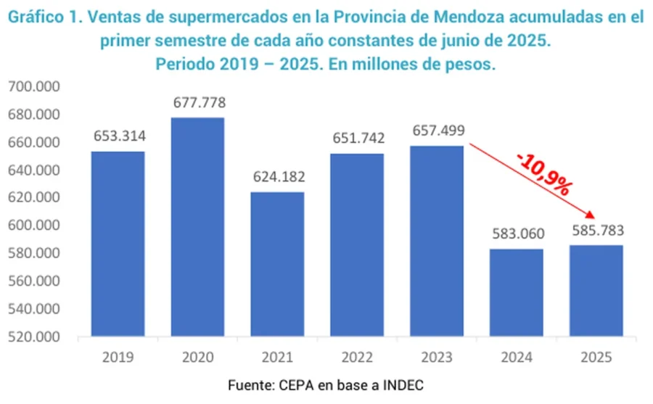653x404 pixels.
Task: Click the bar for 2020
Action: click(x=197, y=227)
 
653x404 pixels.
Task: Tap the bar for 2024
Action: click(x=517, y=293)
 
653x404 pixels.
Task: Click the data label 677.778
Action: click(x=198, y=102)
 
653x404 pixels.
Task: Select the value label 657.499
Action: click(x=438, y=131)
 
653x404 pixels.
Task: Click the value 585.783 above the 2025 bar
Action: click(x=596, y=231)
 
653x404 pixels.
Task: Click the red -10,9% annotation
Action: click(x=543, y=173)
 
